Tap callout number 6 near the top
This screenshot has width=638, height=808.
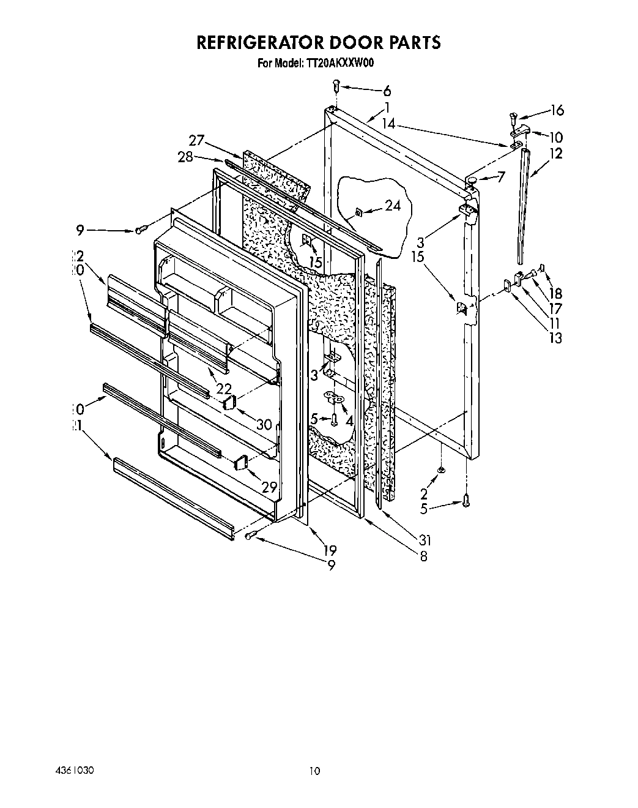(x=387, y=91)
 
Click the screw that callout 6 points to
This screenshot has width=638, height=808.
(x=336, y=89)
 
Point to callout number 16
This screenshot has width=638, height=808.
(x=557, y=110)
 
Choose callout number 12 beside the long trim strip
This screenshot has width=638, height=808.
(x=555, y=154)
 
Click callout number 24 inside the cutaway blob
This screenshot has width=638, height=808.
(x=393, y=206)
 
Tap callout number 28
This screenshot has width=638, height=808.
(x=186, y=157)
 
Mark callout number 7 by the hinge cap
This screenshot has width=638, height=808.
(x=501, y=178)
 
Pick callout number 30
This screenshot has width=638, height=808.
(x=264, y=423)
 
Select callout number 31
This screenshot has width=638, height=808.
(x=425, y=540)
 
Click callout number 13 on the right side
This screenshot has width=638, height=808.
(x=555, y=337)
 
